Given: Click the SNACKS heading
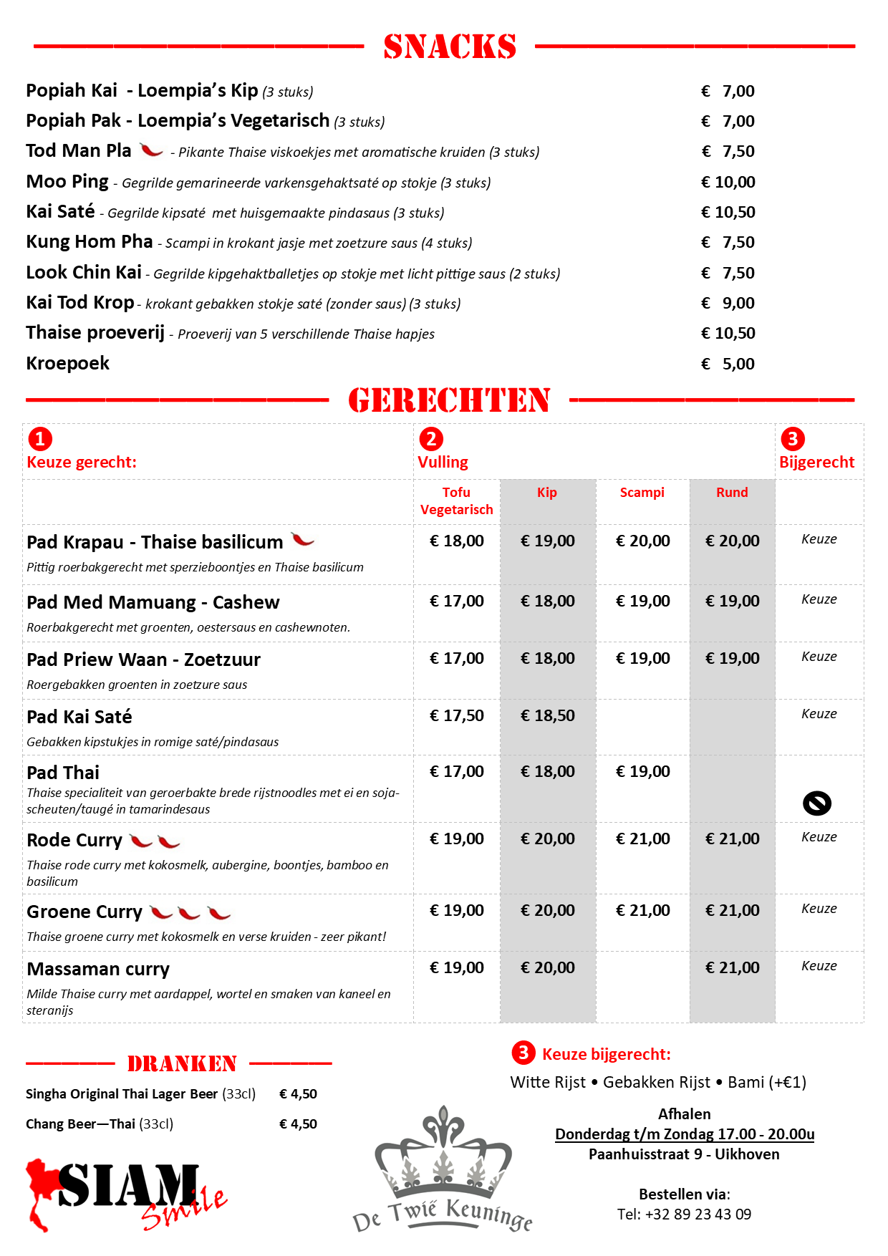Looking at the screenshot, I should click(x=450, y=47).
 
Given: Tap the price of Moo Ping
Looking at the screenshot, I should click(x=728, y=182).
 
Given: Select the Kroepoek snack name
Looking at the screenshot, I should click(x=68, y=364).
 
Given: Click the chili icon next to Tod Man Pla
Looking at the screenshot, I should click(x=151, y=150).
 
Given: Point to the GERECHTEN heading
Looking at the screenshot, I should click(x=449, y=400).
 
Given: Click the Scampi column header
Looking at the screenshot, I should click(x=642, y=493).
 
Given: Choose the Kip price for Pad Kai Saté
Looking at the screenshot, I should click(x=547, y=715).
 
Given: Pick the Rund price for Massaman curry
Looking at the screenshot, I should click(x=732, y=967).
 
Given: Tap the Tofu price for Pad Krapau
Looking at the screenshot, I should click(x=456, y=541).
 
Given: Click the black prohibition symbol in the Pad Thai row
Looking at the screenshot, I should click(x=817, y=803).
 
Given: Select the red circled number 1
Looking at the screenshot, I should click(x=40, y=438).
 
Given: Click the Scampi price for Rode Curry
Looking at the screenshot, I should click(x=642, y=839).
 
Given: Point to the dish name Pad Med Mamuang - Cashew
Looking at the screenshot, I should click(x=153, y=602).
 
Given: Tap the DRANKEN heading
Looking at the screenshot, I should click(x=182, y=1064).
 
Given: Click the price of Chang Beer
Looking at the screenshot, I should click(x=298, y=1124).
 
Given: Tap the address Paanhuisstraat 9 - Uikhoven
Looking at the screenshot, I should click(x=684, y=1154).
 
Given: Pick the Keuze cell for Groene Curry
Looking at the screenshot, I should click(x=819, y=909).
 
